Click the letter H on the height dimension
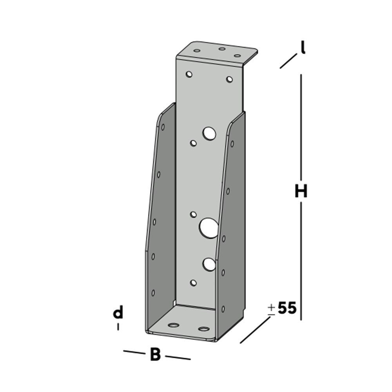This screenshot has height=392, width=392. (x=301, y=192)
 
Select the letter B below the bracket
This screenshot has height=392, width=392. (x=155, y=355)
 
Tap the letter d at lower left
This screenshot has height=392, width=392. (x=118, y=313)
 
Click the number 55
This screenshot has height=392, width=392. (x=287, y=308)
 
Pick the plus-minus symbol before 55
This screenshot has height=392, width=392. (x=271, y=309)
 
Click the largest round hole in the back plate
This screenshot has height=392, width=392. (x=209, y=228)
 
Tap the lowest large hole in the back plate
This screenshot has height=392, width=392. (x=209, y=265)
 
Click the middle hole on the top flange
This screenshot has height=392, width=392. (x=222, y=49)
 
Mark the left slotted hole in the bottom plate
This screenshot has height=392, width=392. (x=172, y=325)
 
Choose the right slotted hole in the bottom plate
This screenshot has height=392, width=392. (x=203, y=328)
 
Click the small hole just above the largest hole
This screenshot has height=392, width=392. (x=193, y=214)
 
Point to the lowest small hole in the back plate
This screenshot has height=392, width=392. (x=193, y=282)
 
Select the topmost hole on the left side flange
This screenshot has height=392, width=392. (x=163, y=127)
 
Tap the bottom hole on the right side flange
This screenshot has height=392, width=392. (x=223, y=309)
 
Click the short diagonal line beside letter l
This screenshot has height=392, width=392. (x=288, y=62)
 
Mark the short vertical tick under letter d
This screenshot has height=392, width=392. (x=118, y=327)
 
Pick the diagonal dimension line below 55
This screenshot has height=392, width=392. (x=255, y=330)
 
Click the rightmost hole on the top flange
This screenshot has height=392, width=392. (x=237, y=56)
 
